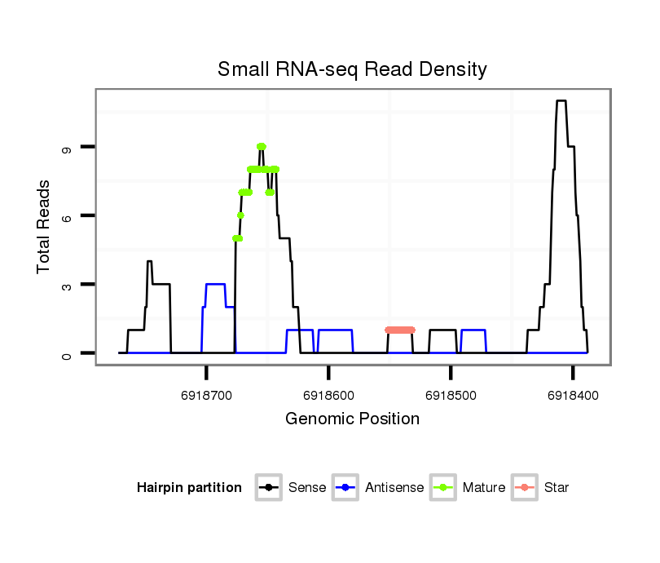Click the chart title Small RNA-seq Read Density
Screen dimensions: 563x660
click(x=352, y=69)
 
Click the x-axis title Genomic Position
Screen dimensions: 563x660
click(x=352, y=419)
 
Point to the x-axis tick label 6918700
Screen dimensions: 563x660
click(x=207, y=395)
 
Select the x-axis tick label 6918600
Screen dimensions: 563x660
click(x=328, y=395)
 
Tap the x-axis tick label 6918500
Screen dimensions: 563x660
click(x=451, y=395)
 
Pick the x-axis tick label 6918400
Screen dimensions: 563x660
click(x=573, y=395)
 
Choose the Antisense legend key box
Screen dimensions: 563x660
click(x=345, y=488)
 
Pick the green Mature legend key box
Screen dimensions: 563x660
click(x=442, y=488)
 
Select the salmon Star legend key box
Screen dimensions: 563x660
click(x=524, y=488)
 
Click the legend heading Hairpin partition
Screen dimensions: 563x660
click(x=189, y=488)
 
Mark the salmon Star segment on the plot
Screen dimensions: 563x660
click(x=400, y=330)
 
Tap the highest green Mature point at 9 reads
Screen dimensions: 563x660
click(x=261, y=147)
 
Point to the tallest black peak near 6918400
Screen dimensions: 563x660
click(x=561, y=101)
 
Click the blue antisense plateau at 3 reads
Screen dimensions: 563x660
click(x=215, y=284)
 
